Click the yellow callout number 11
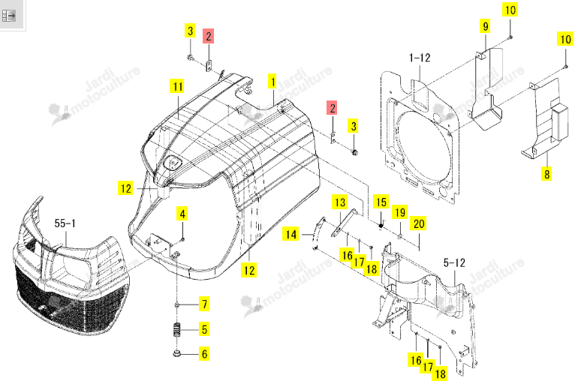178,86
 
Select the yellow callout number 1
272,81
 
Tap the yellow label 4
182,214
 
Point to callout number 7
205,304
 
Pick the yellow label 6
205,354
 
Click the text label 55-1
65,223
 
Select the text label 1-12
420,58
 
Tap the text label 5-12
454,262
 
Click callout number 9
486,26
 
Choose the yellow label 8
547,173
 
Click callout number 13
339,202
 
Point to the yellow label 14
291,235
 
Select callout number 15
381,202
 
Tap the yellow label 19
400,212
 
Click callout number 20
418,223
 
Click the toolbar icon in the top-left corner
9,16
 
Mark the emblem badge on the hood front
172,162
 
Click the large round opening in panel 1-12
424,142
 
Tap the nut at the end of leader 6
176,354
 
